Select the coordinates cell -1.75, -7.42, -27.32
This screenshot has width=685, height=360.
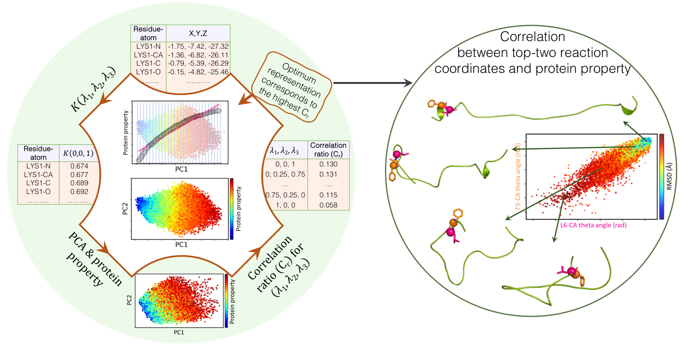[198, 46]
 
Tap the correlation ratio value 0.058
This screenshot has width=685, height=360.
[328, 205]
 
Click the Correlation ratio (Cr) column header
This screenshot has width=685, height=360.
[328, 150]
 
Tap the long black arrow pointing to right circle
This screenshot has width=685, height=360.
[372, 83]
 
